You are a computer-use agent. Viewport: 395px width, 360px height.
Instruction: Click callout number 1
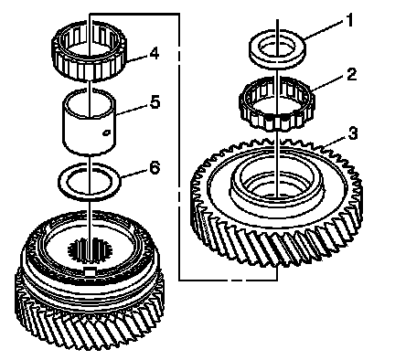tap(349, 21)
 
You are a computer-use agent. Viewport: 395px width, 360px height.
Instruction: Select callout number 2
tap(351, 75)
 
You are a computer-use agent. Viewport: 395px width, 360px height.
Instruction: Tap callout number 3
tap(353, 133)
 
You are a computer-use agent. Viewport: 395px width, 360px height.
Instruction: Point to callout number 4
tap(155, 54)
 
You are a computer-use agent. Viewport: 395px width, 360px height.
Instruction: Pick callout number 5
tap(155, 102)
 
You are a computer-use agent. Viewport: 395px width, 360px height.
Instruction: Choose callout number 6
tap(155, 168)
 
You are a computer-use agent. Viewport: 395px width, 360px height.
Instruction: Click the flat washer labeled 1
tap(277, 48)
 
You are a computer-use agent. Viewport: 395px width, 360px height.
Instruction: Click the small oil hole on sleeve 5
tap(106, 133)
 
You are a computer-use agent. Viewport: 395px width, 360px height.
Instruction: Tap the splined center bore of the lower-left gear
tap(90, 250)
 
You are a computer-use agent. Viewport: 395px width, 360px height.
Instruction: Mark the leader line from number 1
tap(324, 31)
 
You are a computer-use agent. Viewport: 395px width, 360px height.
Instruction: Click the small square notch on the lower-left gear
tap(90, 271)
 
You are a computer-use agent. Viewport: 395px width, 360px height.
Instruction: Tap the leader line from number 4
tap(137, 58)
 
